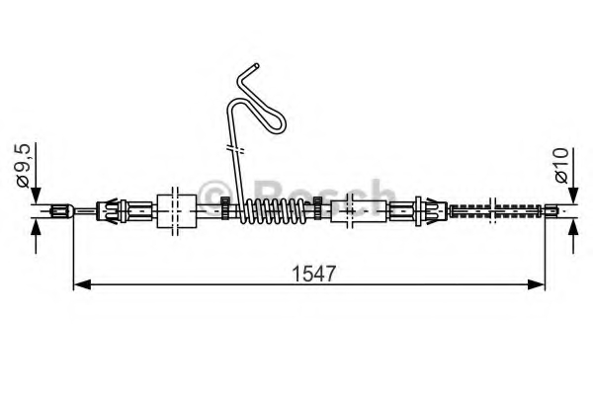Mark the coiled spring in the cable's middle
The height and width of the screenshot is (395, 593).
(276, 209)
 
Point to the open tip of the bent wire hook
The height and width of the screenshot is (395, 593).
(254, 66)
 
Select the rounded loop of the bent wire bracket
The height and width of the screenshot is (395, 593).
(278, 124)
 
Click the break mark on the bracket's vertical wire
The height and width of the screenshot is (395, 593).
(234, 150)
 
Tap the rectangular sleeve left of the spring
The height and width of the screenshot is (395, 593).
(174, 208)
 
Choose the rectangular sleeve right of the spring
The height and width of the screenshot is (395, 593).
(353, 209)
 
